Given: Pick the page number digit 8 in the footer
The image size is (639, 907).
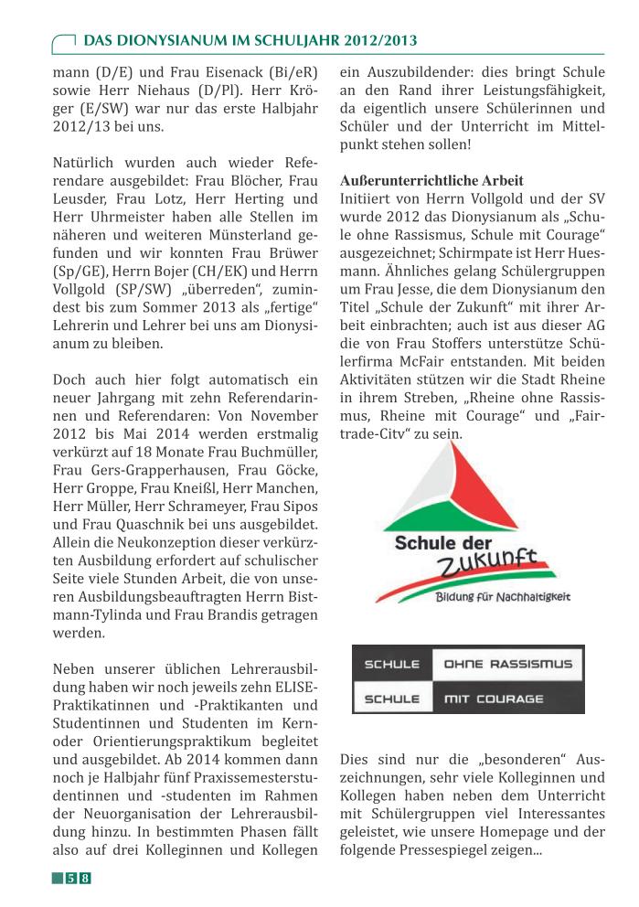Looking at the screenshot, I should [x=85, y=879].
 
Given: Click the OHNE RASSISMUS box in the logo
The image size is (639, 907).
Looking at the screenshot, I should [x=507, y=665].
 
